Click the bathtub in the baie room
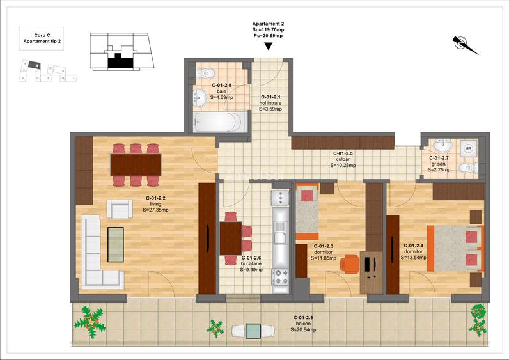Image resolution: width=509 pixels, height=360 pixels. coord(218,122)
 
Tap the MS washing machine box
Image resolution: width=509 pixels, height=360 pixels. coord(467,148)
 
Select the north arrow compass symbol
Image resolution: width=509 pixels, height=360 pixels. coord(465,44)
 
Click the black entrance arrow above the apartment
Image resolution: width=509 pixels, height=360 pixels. coord(269,45)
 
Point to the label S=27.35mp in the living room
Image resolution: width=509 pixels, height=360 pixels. coord(157,210)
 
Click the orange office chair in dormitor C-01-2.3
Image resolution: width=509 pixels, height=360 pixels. coord(348,263)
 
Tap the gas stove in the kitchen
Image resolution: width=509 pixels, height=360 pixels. coord(281,277)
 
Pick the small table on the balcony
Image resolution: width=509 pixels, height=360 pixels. coord(253,331)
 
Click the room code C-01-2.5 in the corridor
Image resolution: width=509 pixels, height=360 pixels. coord(343,153)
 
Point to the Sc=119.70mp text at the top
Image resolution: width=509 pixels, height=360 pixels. coord(269,29)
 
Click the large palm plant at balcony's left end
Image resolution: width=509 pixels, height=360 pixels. coord(90,318)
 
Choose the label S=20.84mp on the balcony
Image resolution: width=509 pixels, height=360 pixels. coord(302,329)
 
